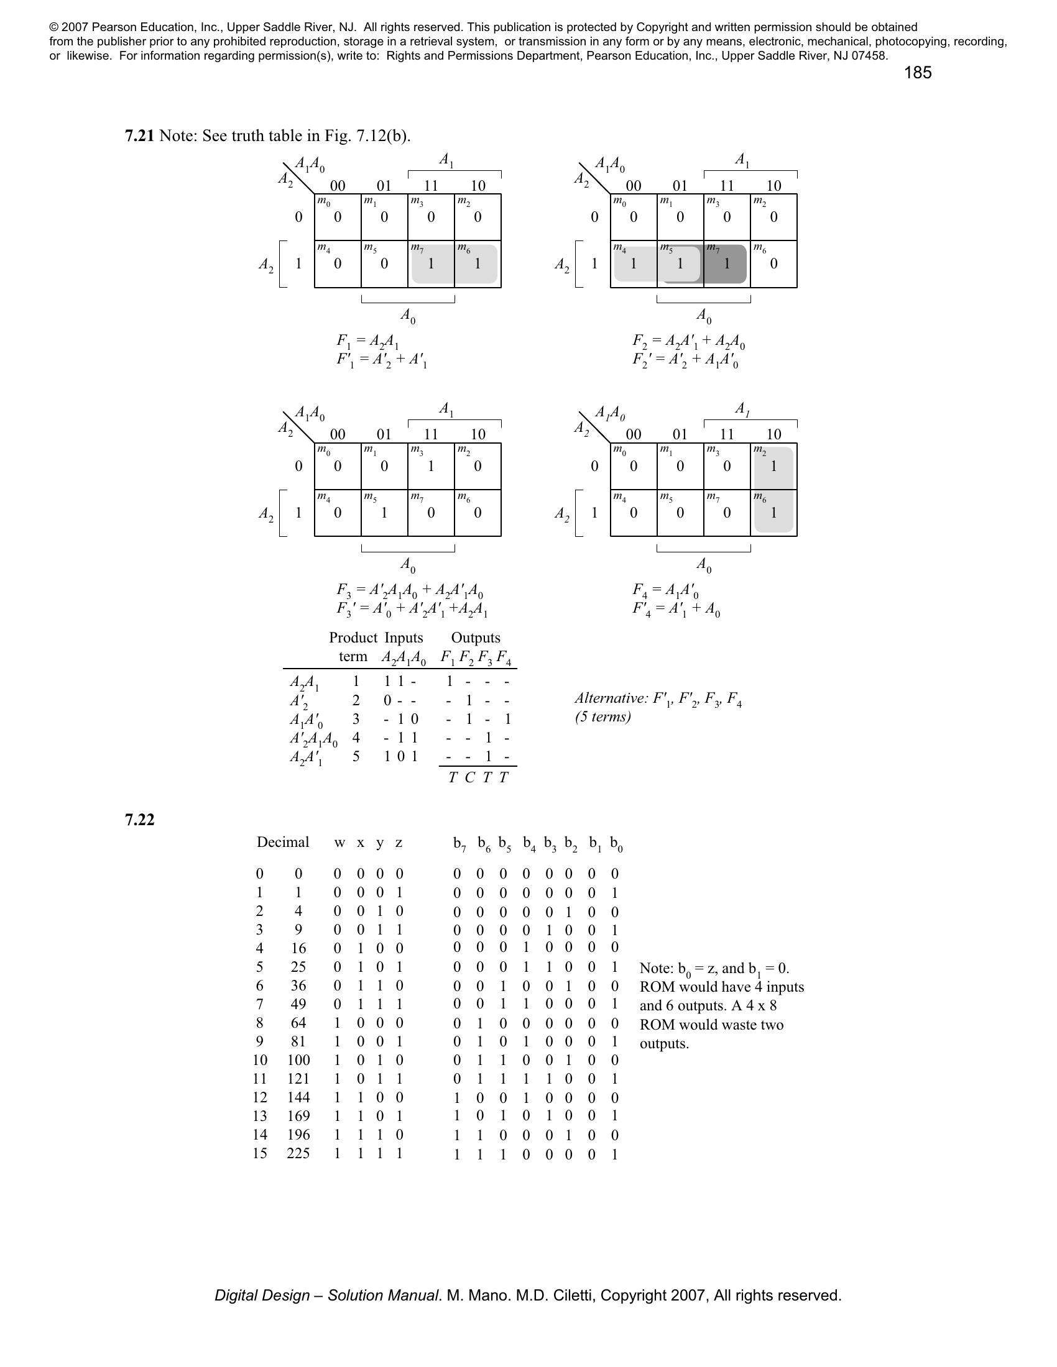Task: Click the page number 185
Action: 917,73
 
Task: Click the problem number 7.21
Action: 139,136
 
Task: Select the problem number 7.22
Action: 139,820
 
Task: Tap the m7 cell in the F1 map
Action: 431,264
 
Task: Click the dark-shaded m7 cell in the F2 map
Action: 726,264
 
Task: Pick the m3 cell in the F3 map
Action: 431,466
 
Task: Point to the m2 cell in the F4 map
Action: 773,466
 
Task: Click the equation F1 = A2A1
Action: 367,342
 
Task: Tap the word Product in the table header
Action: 353,638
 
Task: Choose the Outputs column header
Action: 475,638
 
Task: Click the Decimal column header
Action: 282,842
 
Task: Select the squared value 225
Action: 298,1153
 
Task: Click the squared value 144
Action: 298,1097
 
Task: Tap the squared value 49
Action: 298,1004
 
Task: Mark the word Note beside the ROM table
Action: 653,968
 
